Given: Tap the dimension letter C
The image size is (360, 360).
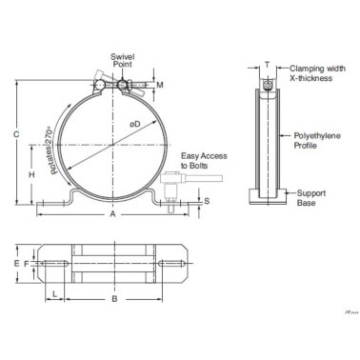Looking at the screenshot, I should click(16, 134).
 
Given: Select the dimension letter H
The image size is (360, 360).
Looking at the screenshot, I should click(32, 174).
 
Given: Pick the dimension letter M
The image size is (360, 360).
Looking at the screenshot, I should click(159, 86).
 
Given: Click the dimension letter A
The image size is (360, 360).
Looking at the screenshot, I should click(113, 216).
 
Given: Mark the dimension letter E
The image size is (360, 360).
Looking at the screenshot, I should click(16, 262).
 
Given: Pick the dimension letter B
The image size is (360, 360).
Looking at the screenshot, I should click(114, 298).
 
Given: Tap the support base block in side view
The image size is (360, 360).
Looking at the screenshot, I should click(270, 198).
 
